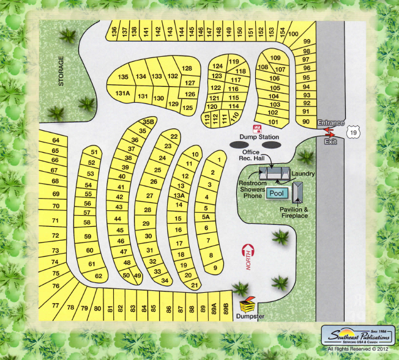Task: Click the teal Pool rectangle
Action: [277, 193]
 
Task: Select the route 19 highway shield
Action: [352, 131]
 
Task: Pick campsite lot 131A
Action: [122, 94]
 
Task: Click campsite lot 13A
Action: [179, 195]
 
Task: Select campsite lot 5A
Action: [206, 217]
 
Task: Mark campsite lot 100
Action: [293, 34]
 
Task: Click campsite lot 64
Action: [55, 141]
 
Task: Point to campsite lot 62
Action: [98, 276]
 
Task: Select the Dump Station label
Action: [259, 137]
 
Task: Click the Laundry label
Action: [304, 174]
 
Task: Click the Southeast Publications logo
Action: [358, 336]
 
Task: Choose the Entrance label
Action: [330, 123]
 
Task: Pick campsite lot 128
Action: [187, 68]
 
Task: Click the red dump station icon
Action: [258, 129]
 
